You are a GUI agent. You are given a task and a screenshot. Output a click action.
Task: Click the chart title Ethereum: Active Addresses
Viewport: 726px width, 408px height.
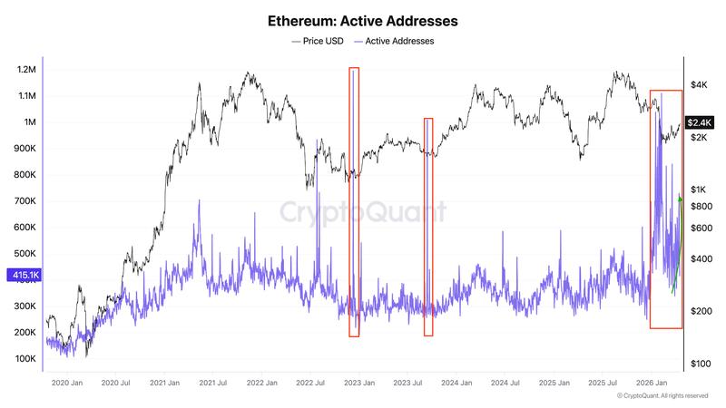pyautogui.click(x=362, y=19)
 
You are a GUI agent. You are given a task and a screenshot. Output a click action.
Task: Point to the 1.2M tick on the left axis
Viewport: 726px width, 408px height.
pyautogui.click(x=25, y=70)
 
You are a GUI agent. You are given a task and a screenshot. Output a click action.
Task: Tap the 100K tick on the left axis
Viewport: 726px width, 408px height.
pyautogui.click(x=25, y=359)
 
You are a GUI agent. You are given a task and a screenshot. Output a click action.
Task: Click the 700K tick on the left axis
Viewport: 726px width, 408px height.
pyautogui.click(x=25, y=201)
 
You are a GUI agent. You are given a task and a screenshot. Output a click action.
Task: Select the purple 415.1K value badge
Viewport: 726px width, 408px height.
pyautogui.click(x=22, y=275)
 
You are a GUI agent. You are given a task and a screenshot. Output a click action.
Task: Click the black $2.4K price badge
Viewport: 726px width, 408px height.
pyautogui.click(x=700, y=122)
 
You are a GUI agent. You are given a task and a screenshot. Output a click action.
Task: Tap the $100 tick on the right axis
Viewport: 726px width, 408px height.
pyautogui.click(x=700, y=364)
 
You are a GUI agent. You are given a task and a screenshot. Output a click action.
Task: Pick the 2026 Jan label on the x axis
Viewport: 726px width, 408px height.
pyautogui.click(x=650, y=384)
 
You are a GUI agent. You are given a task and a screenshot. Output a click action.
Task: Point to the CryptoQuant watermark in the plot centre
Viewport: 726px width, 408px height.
pyautogui.click(x=362, y=212)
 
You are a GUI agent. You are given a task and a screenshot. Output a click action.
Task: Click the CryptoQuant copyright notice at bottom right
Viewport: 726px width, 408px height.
pyautogui.click(x=662, y=396)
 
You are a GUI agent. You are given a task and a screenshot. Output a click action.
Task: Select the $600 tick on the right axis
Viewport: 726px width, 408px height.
pyautogui.click(x=700, y=228)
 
